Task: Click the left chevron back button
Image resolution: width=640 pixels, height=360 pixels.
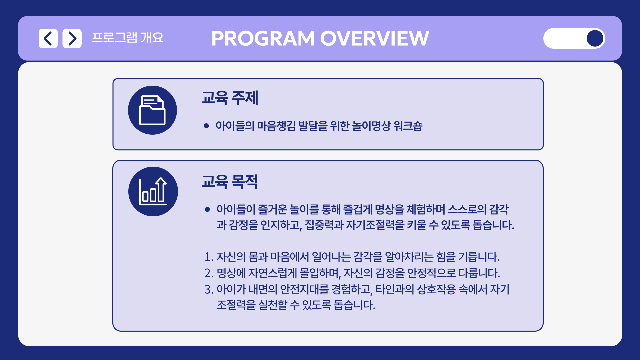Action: [48, 38]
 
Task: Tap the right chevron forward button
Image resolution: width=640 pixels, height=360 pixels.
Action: [72, 38]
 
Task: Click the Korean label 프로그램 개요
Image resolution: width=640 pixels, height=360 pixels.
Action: [128, 38]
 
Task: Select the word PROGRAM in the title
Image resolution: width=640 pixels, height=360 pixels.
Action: [263, 38]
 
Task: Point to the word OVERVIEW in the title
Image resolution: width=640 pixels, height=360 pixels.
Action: [375, 38]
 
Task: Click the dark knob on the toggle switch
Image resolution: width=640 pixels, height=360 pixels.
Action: [595, 38]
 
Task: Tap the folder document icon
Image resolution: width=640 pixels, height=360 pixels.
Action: [152, 110]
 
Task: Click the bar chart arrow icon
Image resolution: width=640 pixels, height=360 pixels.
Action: [153, 191]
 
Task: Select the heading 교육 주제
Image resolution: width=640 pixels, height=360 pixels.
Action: [230, 98]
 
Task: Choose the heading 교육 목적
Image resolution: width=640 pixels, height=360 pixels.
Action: [230, 182]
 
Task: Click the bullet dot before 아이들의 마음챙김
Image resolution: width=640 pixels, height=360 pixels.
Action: [206, 126]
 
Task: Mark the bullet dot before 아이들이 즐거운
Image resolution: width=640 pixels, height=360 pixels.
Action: [207, 209]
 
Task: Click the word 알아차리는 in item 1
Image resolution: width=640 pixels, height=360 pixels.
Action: [409, 257]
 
